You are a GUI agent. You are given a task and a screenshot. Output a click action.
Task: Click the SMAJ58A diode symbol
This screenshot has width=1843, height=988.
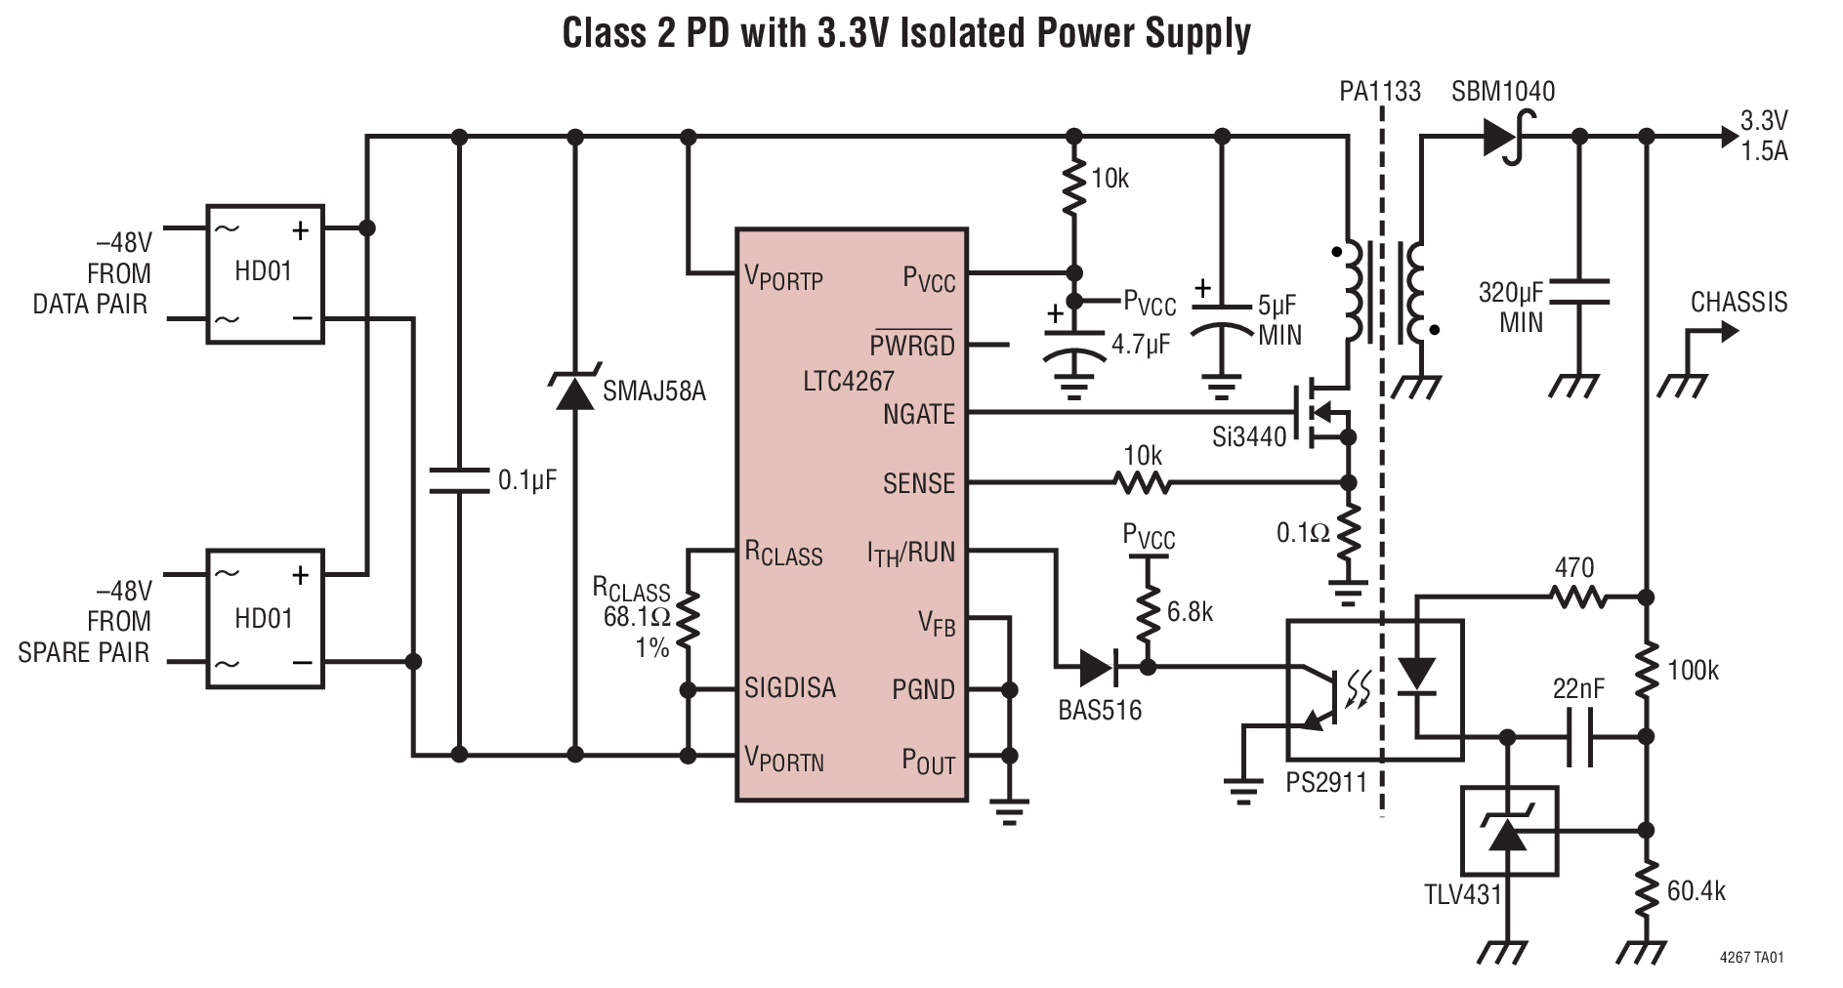[574, 391]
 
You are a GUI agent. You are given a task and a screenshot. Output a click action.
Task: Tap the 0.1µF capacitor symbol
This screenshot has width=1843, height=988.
[459, 479]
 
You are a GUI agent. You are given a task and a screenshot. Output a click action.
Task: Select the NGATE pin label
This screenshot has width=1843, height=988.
[918, 414]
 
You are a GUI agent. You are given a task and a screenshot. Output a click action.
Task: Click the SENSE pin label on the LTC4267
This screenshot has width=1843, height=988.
[918, 483]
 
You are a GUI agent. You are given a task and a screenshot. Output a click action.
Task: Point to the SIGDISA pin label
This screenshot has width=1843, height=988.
[789, 688]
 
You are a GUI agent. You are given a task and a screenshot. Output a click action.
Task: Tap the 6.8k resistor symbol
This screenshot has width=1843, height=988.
[1148, 612]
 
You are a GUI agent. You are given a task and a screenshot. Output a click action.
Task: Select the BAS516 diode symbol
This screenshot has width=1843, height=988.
[1099, 668]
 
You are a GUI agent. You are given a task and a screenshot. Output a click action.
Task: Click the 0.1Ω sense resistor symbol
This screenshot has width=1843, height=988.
[1349, 532]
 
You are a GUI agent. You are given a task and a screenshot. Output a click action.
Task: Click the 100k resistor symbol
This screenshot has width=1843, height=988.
[1647, 670]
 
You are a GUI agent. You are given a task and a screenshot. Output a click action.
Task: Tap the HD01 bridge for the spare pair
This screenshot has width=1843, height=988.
[264, 619]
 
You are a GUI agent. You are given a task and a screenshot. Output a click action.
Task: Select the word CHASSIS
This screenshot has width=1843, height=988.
[1738, 302]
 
